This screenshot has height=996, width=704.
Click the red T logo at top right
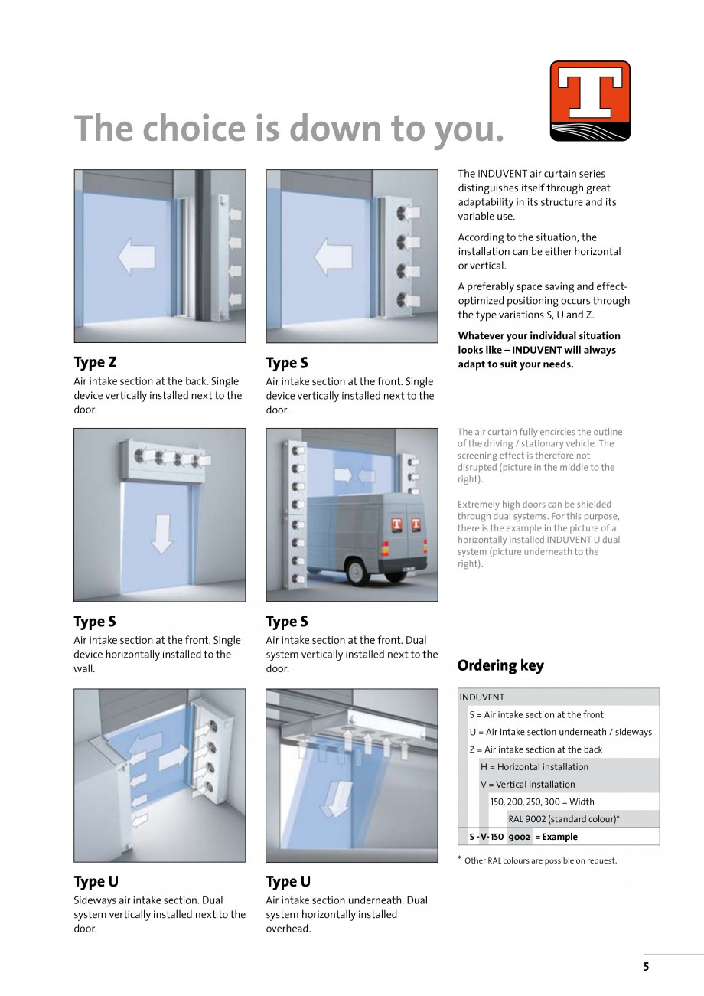point(589,100)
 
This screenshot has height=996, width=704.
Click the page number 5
point(646,967)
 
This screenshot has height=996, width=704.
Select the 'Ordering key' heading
point(500,665)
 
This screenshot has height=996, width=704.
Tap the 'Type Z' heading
point(95,362)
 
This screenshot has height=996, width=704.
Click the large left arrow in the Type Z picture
point(136,256)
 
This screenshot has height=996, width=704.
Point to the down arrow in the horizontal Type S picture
point(161,533)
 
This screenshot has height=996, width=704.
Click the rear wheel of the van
point(355,570)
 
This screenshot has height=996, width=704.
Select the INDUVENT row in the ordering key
point(482,697)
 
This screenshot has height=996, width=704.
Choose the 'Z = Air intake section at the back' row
point(536,749)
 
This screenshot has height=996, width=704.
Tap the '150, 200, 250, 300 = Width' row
point(542,802)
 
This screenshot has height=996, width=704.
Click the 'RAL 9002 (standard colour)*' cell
point(564,819)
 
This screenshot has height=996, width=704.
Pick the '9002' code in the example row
point(519,837)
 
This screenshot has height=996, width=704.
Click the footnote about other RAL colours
point(539,860)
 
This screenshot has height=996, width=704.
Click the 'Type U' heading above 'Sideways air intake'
point(96,881)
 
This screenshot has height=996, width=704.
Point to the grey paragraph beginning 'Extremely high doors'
point(539,534)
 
